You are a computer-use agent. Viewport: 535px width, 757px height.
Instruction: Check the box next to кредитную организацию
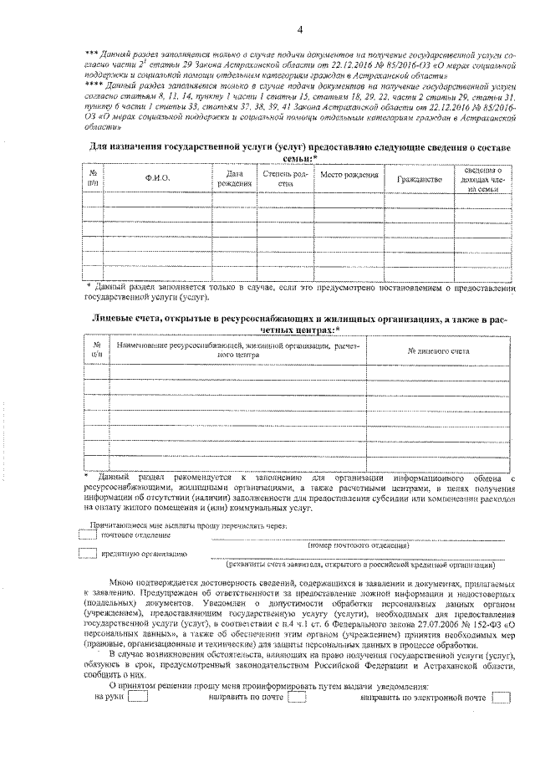pos(87,554)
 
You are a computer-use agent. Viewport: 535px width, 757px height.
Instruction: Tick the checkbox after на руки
pos(138,698)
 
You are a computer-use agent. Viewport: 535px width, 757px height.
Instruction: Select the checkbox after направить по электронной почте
pos(501,698)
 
